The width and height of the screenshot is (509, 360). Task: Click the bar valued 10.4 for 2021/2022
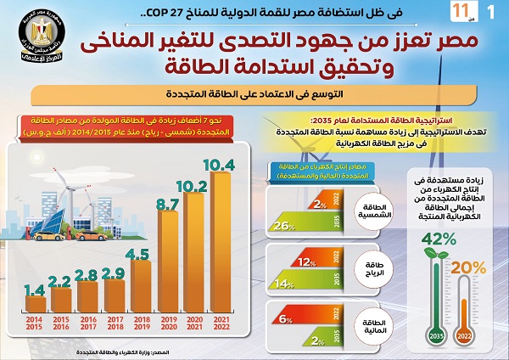220,246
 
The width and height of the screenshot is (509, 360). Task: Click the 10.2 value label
194,188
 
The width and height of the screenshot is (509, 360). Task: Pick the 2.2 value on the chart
59,280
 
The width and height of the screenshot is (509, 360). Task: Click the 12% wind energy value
308,262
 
